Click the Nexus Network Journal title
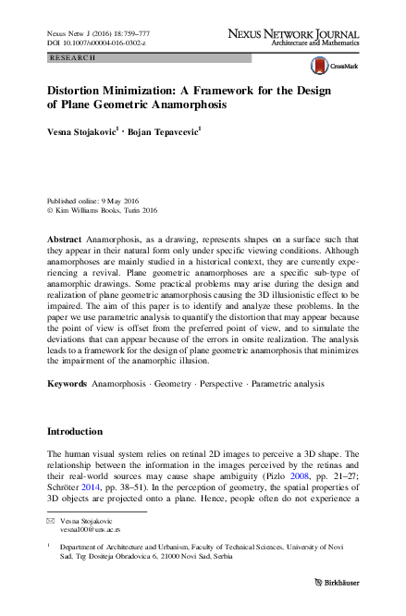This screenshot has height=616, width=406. (293, 32)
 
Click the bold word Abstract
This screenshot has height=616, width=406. (66, 239)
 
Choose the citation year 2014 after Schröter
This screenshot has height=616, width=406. (96, 487)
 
